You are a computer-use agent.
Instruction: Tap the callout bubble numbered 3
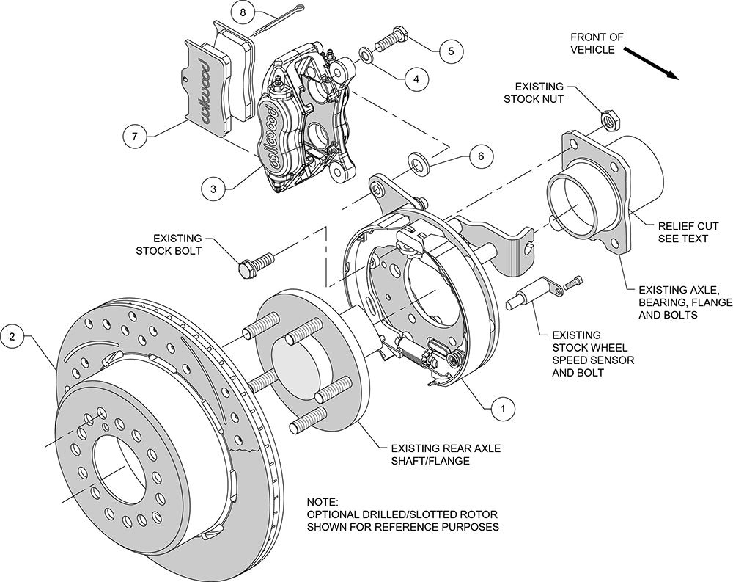[213, 189]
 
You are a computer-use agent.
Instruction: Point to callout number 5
[451, 51]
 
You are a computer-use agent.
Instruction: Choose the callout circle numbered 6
[480, 156]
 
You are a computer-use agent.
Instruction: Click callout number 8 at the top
[243, 12]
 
